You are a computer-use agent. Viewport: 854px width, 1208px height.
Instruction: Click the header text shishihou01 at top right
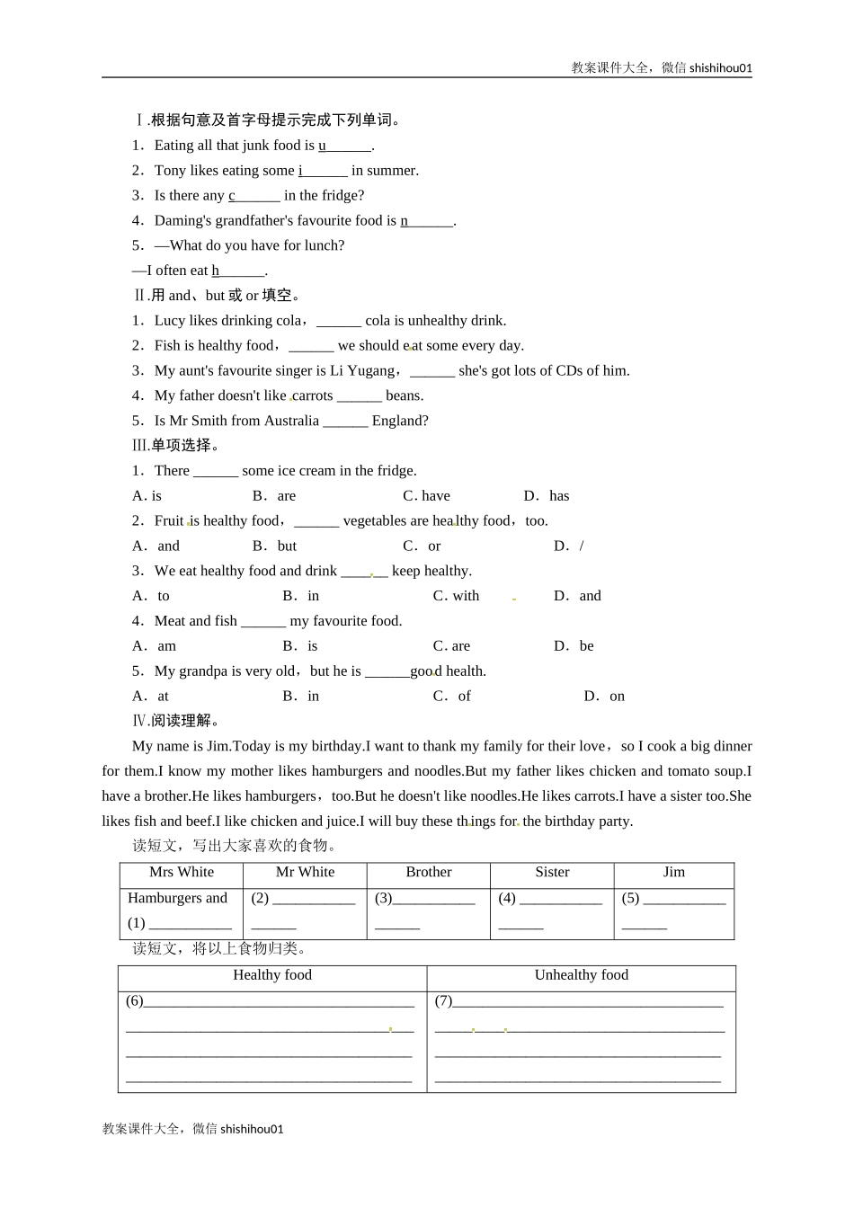pos(720,67)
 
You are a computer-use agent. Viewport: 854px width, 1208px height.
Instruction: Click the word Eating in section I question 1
pos(173,146)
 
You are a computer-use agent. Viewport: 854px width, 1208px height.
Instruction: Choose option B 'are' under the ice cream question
pos(286,496)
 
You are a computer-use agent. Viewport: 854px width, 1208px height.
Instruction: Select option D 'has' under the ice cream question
pos(558,496)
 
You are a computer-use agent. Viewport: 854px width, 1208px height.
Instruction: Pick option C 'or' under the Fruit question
pos(434,546)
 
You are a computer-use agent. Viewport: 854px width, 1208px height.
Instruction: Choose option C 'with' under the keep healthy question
pos(466,596)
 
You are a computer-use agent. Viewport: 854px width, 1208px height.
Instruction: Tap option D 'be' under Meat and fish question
pos(586,646)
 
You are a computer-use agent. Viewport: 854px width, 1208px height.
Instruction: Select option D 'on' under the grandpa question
pos(617,697)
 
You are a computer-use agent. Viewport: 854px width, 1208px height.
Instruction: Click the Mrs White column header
pos(182,873)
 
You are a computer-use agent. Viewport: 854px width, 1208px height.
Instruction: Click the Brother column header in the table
pos(429,873)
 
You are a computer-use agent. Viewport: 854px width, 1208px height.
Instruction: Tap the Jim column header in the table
pos(673,873)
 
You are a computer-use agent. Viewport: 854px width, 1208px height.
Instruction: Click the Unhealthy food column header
pos(581,975)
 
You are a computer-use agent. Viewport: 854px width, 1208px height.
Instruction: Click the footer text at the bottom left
pos(193,1129)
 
